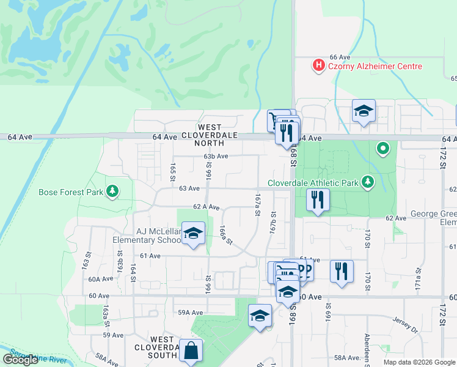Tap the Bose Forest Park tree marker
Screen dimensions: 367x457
pyautogui.click(x=112, y=191)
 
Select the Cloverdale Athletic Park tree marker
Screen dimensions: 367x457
pyautogui.click(x=367, y=182)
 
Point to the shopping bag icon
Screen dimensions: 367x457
pyautogui.click(x=191, y=351)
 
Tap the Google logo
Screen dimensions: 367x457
pyautogui.click(x=20, y=360)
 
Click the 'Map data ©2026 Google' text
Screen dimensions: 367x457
pyautogui.click(x=419, y=362)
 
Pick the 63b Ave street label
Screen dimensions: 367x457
pyautogui.click(x=216, y=156)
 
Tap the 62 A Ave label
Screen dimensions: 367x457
pyautogui.click(x=206, y=207)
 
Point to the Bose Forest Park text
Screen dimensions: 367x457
pyautogui.click(x=71, y=192)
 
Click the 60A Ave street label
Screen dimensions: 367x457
pyautogui.click(x=101, y=279)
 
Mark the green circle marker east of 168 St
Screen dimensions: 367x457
pyautogui.click(x=383, y=147)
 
